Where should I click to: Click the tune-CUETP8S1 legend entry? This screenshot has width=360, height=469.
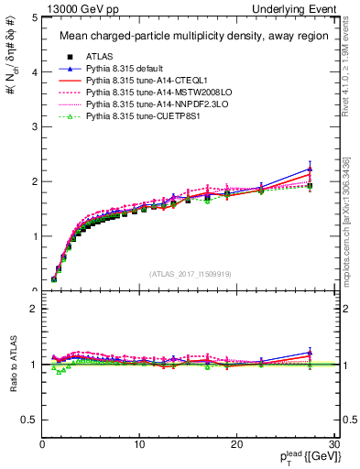138,119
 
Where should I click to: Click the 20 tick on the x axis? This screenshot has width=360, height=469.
236,444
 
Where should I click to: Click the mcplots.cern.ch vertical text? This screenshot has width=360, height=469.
350,219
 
